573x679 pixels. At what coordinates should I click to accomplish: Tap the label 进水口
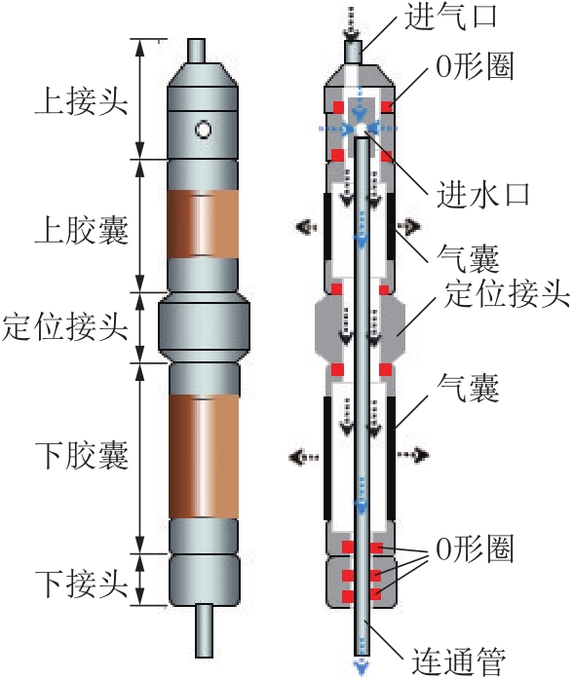[483, 195]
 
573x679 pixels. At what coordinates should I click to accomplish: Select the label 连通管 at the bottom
[459, 661]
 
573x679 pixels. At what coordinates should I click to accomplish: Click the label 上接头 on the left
[81, 101]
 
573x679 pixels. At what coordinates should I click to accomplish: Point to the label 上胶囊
[81, 230]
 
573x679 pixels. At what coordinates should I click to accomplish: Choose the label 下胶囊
[81, 455]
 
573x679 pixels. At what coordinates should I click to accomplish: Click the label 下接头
[81, 584]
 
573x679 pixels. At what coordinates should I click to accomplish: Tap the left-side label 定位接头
[65, 326]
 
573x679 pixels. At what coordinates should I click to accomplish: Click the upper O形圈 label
[476, 67]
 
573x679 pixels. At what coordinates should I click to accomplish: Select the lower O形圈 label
[476, 548]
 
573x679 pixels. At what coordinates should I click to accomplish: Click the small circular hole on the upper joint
[203, 130]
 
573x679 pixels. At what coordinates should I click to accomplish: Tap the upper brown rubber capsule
[203, 224]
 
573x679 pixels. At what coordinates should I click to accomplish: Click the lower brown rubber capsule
[203, 457]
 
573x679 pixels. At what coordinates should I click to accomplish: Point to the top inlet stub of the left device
[196, 51]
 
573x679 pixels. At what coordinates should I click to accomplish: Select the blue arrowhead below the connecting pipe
[361, 667]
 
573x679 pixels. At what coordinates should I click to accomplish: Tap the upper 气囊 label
[468, 258]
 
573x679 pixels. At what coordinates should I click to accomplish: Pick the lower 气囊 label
[468, 388]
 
